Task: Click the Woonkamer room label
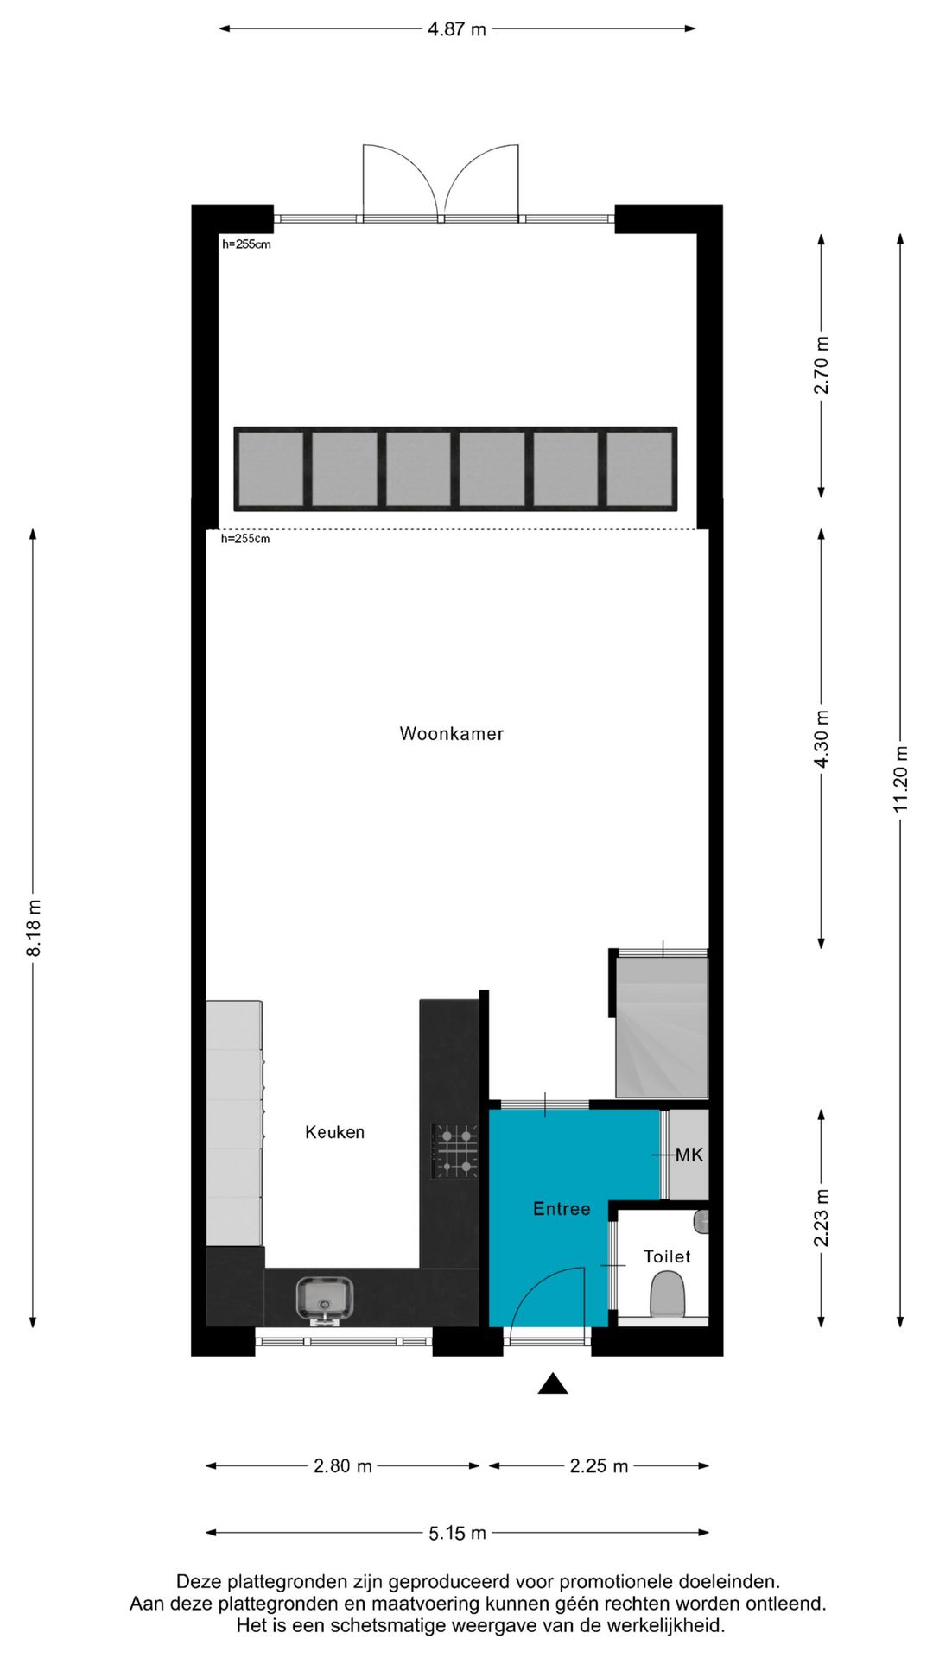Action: pyautogui.click(x=451, y=734)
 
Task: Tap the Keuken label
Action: pyautogui.click(x=334, y=1132)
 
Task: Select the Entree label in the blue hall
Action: pyautogui.click(x=562, y=1209)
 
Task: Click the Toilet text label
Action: pyautogui.click(x=667, y=1256)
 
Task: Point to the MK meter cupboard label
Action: pyautogui.click(x=689, y=1155)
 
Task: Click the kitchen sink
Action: pyautogui.click(x=324, y=1299)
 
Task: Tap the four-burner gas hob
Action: pyautogui.click(x=455, y=1151)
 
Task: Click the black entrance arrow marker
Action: pyautogui.click(x=553, y=1384)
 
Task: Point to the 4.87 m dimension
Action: pyautogui.click(x=457, y=29)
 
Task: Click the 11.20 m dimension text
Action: pyautogui.click(x=900, y=778)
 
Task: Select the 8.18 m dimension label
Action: pyautogui.click(x=34, y=927)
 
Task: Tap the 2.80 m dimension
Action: pyautogui.click(x=343, y=1465)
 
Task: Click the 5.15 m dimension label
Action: pyautogui.click(x=457, y=1533)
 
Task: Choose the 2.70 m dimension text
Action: pyautogui.click(x=822, y=365)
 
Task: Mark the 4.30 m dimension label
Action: pyautogui.click(x=822, y=738)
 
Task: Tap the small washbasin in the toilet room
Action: pyautogui.click(x=701, y=1221)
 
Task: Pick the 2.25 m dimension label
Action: pyautogui.click(x=599, y=1465)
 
